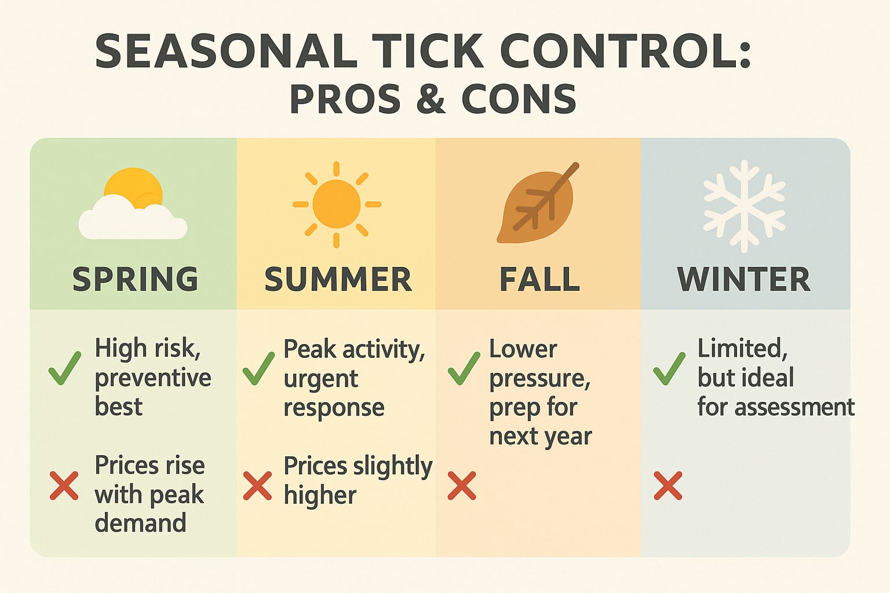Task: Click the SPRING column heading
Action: point(135,279)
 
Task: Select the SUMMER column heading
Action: point(338,279)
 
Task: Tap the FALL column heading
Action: point(539,279)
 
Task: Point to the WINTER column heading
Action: point(744,279)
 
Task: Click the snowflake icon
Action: point(744,206)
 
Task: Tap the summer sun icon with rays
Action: point(337,204)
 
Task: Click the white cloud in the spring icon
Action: point(132,220)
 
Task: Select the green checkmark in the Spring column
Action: point(64,368)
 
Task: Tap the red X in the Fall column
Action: point(462,485)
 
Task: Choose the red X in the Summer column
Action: point(257,485)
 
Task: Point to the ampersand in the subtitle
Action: point(431,98)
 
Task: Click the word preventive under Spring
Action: point(153,378)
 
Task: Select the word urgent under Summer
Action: point(320,379)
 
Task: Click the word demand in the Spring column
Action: point(140,523)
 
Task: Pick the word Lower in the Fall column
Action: point(523,349)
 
